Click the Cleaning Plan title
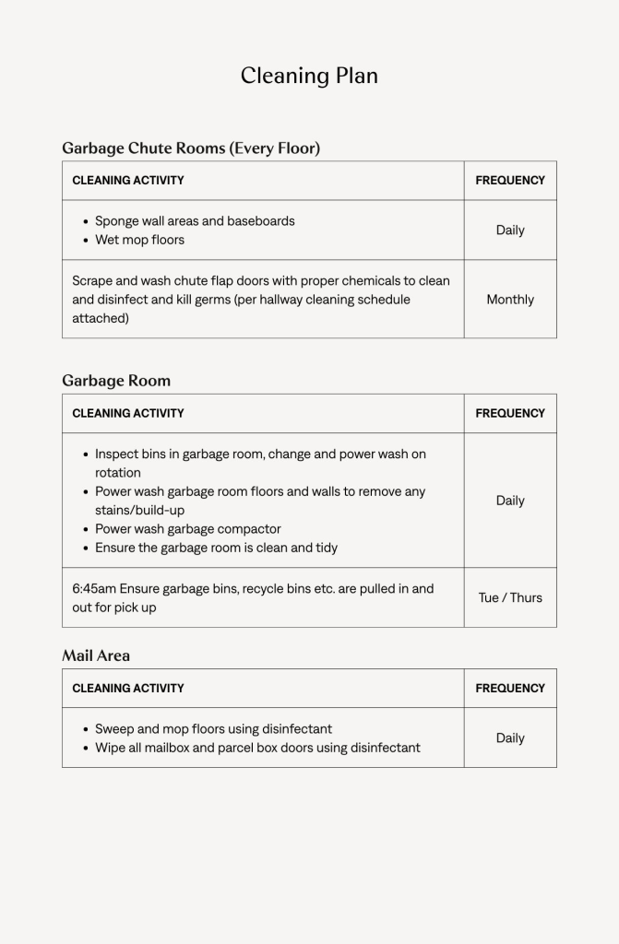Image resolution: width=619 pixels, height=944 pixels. tap(309, 76)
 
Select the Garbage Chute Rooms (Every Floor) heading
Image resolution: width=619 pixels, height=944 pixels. tap(191, 147)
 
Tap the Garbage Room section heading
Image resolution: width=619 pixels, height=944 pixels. tap(116, 380)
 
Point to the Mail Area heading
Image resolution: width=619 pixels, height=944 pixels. tap(96, 655)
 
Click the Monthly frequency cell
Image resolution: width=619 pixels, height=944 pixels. tap(510, 300)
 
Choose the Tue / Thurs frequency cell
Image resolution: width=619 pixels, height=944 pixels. tap(510, 597)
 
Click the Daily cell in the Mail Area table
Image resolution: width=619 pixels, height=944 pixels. tap(510, 737)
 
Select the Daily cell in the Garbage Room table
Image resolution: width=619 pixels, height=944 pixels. tap(510, 501)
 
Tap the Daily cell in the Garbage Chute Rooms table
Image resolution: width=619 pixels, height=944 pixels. tap(510, 230)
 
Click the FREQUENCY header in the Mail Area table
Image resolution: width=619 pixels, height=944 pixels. tap(510, 688)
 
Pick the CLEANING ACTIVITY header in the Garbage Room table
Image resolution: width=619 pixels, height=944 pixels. tap(128, 413)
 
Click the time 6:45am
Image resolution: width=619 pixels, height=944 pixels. tap(93, 588)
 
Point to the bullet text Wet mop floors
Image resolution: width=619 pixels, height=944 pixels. tap(139, 240)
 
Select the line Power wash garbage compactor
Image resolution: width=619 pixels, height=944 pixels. tap(188, 529)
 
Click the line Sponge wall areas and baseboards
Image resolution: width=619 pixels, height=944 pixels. tap(195, 221)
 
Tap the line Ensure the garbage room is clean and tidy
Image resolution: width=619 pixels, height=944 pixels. tap(216, 548)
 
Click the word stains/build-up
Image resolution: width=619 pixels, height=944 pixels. tap(139, 510)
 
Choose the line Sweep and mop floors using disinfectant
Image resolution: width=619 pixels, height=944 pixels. tap(213, 728)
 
